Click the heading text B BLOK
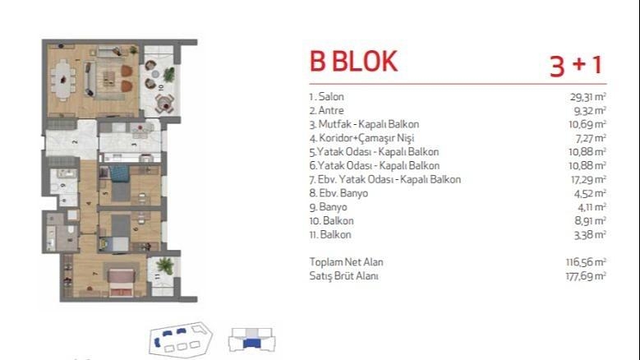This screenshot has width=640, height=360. pyautogui.click(x=353, y=62)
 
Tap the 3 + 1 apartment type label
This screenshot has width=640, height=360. pyautogui.click(x=576, y=65)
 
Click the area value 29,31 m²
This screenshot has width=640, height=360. pyautogui.click(x=587, y=97)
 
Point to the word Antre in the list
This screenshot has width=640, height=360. pyautogui.click(x=330, y=111)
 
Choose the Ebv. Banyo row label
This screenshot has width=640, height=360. pyautogui.click(x=338, y=193)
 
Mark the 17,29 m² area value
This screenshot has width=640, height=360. pyautogui.click(x=588, y=180)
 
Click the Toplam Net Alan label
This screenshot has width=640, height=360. pyautogui.click(x=346, y=262)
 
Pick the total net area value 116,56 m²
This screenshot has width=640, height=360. pyautogui.click(x=586, y=262)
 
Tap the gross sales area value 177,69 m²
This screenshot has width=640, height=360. pyautogui.click(x=586, y=276)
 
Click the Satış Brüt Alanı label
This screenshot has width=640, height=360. pyautogui.click(x=343, y=276)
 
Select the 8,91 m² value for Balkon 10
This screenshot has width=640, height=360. pyautogui.click(x=590, y=221)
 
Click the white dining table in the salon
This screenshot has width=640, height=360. pyautogui.click(x=63, y=79)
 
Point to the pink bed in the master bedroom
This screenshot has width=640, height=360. pyautogui.click(x=122, y=283)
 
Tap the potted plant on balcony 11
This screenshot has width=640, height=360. pyautogui.click(x=164, y=265)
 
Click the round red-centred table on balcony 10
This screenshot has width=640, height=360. pyautogui.click(x=165, y=105)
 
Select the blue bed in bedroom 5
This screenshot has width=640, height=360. pyautogui.click(x=120, y=173)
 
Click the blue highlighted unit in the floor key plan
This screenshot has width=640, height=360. pyautogui.click(x=251, y=344)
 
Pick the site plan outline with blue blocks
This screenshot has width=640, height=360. pyautogui.click(x=181, y=339)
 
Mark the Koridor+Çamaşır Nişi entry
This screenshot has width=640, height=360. pyautogui.click(x=361, y=138)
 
